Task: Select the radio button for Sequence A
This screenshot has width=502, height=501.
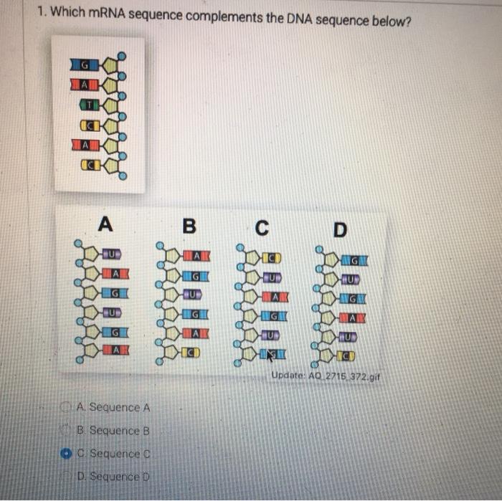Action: [x=67, y=407]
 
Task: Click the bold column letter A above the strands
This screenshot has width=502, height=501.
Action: [x=105, y=225]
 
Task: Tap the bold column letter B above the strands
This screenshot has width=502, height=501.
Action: [x=189, y=226]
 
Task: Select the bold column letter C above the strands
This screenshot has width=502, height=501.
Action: [x=264, y=228]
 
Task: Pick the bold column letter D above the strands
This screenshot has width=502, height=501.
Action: [x=340, y=229]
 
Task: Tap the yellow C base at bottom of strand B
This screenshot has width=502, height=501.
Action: [x=189, y=352]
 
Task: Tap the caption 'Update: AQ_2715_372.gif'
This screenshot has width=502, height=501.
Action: [x=324, y=377]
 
